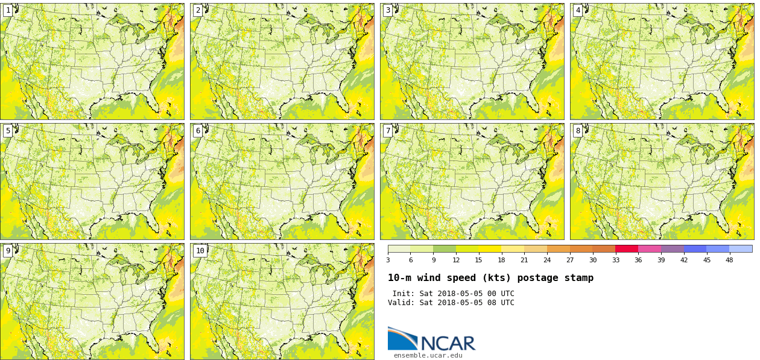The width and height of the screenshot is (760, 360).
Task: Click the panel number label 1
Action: (8, 10)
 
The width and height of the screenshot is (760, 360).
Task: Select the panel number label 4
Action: (578, 10)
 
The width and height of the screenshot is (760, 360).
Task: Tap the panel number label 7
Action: (388, 131)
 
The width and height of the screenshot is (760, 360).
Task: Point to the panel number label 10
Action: (200, 251)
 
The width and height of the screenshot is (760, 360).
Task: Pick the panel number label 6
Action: (198, 131)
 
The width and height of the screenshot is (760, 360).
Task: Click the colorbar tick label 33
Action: (615, 260)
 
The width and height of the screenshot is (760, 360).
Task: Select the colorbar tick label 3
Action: (388, 260)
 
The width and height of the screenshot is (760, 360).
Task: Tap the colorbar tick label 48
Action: (729, 260)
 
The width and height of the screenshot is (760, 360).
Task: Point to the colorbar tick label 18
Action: (501, 260)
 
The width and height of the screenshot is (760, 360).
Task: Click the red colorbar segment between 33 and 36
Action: (627, 248)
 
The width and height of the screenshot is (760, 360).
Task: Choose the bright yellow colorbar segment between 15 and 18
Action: (490, 248)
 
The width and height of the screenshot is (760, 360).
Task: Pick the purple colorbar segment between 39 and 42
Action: (672, 248)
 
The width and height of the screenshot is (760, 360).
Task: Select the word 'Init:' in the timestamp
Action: (404, 294)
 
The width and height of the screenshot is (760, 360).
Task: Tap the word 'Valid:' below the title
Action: (401, 303)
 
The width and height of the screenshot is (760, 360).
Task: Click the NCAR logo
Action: (431, 339)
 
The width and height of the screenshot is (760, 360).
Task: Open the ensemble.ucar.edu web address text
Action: (428, 356)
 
